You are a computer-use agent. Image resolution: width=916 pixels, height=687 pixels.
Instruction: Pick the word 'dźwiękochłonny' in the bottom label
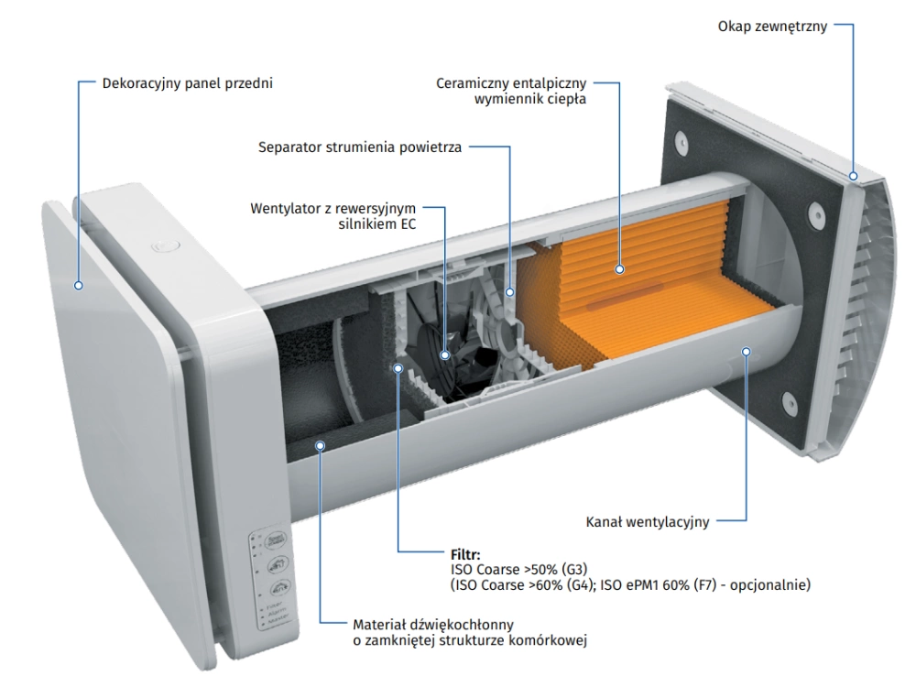pos(449,624)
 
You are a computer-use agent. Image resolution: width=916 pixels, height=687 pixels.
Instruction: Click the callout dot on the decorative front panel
pos(80,285)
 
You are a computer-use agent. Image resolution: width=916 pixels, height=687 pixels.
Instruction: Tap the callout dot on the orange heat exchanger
pos(620,269)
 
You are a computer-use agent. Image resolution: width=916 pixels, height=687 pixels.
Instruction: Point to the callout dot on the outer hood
pos(854,176)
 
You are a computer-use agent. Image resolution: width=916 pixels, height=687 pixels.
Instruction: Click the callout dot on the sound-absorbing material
pos(321,445)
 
